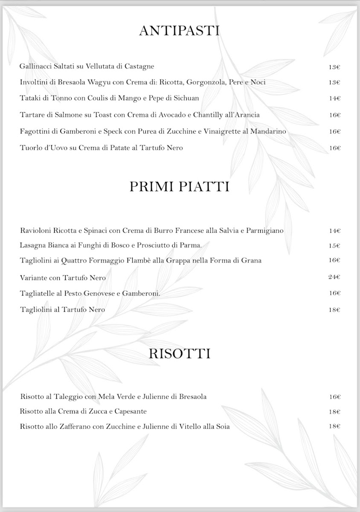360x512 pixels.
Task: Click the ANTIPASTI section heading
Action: click(x=179, y=31)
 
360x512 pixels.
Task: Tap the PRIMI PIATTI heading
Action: click(x=180, y=187)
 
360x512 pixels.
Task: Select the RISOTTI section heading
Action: click(x=180, y=354)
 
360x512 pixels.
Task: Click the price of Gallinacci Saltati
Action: click(x=334, y=67)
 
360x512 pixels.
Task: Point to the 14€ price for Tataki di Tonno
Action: click(x=334, y=99)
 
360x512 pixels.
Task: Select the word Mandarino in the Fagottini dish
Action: click(x=267, y=131)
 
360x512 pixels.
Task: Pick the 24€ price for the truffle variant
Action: click(x=334, y=277)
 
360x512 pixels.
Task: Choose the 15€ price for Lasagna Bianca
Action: click(x=334, y=246)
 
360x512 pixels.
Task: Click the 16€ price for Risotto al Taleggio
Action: click(x=334, y=397)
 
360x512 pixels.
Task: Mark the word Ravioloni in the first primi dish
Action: click(x=36, y=231)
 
